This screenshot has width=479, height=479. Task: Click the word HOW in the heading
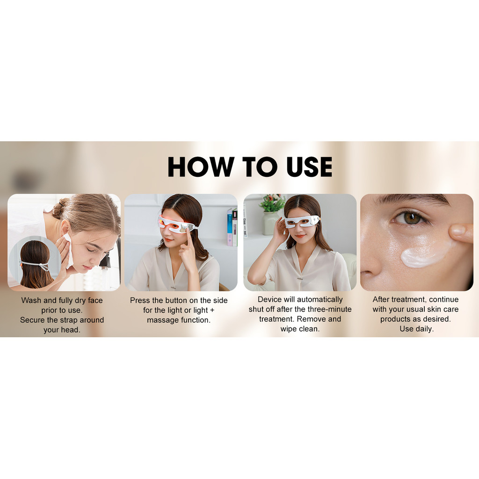click(x=201, y=167)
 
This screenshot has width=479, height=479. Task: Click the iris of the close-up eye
click(x=412, y=218)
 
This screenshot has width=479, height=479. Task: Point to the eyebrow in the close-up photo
click(x=412, y=201)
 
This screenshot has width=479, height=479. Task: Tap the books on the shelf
click(x=232, y=227)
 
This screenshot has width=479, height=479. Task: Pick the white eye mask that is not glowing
click(x=301, y=222)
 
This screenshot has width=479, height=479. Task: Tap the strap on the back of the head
click(x=35, y=265)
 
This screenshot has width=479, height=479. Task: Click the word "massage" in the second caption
click(x=162, y=320)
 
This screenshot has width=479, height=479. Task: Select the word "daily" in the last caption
click(x=424, y=329)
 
